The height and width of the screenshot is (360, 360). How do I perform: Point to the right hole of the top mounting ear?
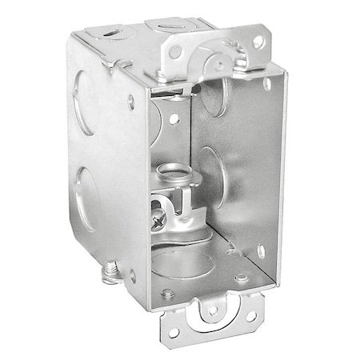click(258, 42)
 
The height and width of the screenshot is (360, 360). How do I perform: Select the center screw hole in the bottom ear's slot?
click(213, 309)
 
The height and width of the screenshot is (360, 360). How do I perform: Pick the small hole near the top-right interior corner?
click(267, 83)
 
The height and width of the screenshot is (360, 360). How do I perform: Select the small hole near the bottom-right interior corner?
click(261, 251)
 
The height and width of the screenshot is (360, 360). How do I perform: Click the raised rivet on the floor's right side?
click(241, 278)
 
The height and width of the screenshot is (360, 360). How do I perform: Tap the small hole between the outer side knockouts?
click(130, 101)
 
